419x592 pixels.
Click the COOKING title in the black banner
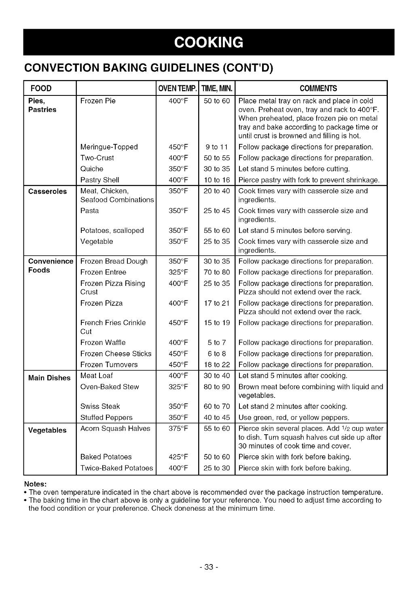point(209,42)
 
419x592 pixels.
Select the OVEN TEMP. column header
point(177,89)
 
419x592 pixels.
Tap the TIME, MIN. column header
point(217,89)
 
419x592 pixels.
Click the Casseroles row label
point(47,191)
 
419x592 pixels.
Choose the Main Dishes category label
point(49,378)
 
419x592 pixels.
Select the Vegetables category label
point(47,430)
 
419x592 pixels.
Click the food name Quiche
point(92,169)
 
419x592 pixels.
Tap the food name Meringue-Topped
point(109,147)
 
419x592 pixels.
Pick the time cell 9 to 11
point(217,147)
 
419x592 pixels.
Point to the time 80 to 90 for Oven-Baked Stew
point(217,387)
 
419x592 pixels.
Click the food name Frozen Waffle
point(103,343)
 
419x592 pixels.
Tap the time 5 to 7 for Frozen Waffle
point(217,343)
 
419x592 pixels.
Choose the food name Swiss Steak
point(100,407)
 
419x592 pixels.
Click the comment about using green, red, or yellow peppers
point(294,418)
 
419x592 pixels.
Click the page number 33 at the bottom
point(209,567)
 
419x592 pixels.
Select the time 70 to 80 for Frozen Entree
point(217,273)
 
